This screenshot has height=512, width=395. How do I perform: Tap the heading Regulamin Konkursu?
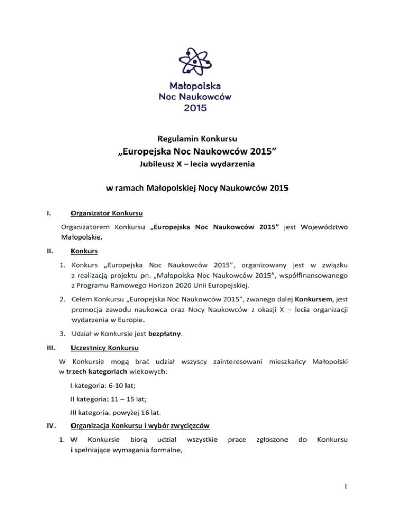pos(197,138)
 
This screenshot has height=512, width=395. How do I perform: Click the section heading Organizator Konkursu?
pos(107,213)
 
